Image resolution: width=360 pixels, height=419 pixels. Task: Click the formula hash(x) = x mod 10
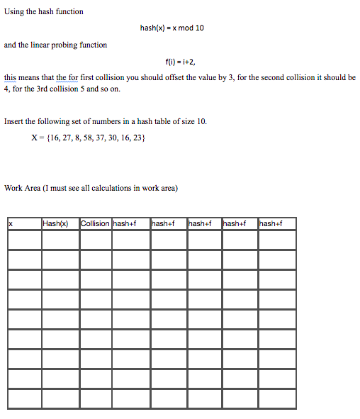pyautogui.click(x=172, y=28)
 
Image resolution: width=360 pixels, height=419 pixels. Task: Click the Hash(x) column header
pyautogui.click(x=55, y=224)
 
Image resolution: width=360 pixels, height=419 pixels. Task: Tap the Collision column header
pyautogui.click(x=95, y=224)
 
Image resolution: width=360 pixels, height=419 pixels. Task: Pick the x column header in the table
pyautogui.click(x=11, y=224)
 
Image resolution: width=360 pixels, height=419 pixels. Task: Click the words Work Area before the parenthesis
pyautogui.click(x=21, y=188)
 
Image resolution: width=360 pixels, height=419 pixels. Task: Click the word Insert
pyautogui.click(x=14, y=121)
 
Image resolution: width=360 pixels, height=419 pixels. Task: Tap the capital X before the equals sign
pyautogui.click(x=35, y=138)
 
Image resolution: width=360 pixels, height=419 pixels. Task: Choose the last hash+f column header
pyautogui.click(x=271, y=224)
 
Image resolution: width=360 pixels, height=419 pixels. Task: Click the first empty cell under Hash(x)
pyautogui.click(x=60, y=240)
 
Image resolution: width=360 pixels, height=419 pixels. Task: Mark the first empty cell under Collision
pyautogui.click(x=95, y=240)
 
